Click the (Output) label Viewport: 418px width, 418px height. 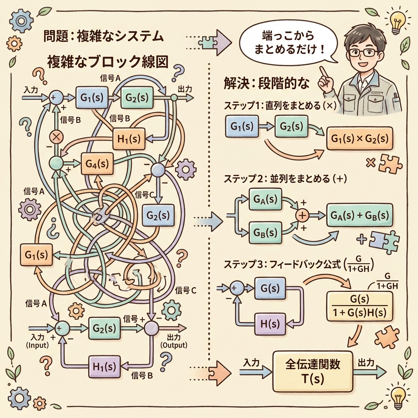174,345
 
